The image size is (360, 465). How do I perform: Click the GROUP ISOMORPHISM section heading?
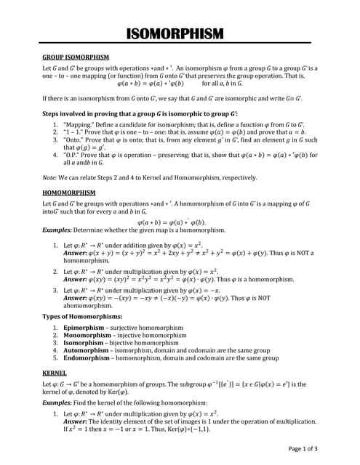76,57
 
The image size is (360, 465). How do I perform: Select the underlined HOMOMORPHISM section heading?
69,193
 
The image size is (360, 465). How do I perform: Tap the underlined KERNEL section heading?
55,371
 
